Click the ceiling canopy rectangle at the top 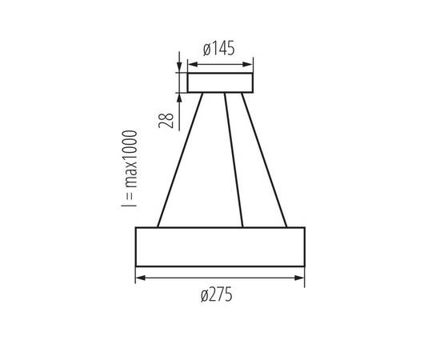[x=220, y=83]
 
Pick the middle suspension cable [x=234, y=160]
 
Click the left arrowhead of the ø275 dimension [x=140, y=278]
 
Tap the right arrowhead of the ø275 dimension [x=300, y=278]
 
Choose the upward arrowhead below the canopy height [x=178, y=98]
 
